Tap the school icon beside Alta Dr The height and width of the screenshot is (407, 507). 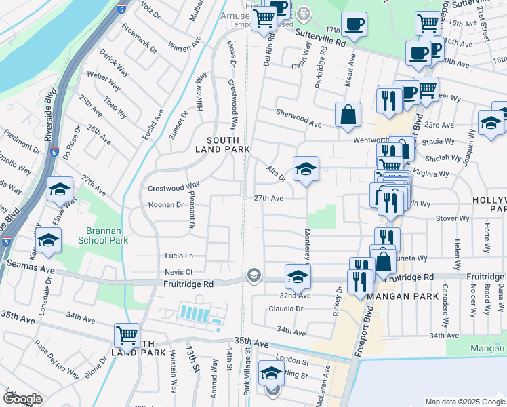tap(306, 170)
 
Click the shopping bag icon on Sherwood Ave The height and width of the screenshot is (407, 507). tap(348, 115)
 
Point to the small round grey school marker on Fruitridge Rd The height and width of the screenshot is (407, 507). tap(254, 274)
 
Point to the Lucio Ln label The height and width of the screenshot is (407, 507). tap(179, 256)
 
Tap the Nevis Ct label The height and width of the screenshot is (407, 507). tap(179, 271)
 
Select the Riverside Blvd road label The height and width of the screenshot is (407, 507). tap(49, 115)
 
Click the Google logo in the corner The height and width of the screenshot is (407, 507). tap(22, 399)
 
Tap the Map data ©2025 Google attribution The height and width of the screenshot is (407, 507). tap(465, 402)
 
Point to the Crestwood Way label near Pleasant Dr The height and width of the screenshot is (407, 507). tap(173, 185)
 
